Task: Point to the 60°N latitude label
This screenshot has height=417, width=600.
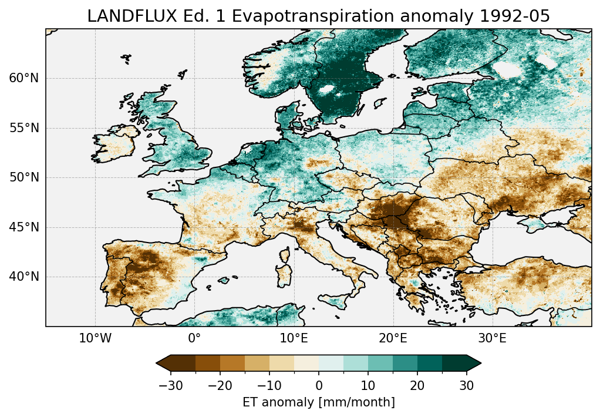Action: click(23, 78)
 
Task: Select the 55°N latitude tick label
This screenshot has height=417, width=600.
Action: click(23, 128)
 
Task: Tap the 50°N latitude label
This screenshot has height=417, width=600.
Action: click(23, 177)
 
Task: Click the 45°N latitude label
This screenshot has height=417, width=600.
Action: click(23, 227)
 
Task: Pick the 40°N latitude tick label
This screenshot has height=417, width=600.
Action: click(23, 277)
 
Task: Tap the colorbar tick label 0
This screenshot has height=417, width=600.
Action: click(319, 385)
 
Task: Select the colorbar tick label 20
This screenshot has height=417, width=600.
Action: click(417, 385)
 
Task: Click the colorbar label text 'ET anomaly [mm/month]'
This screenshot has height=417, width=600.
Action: click(319, 402)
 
